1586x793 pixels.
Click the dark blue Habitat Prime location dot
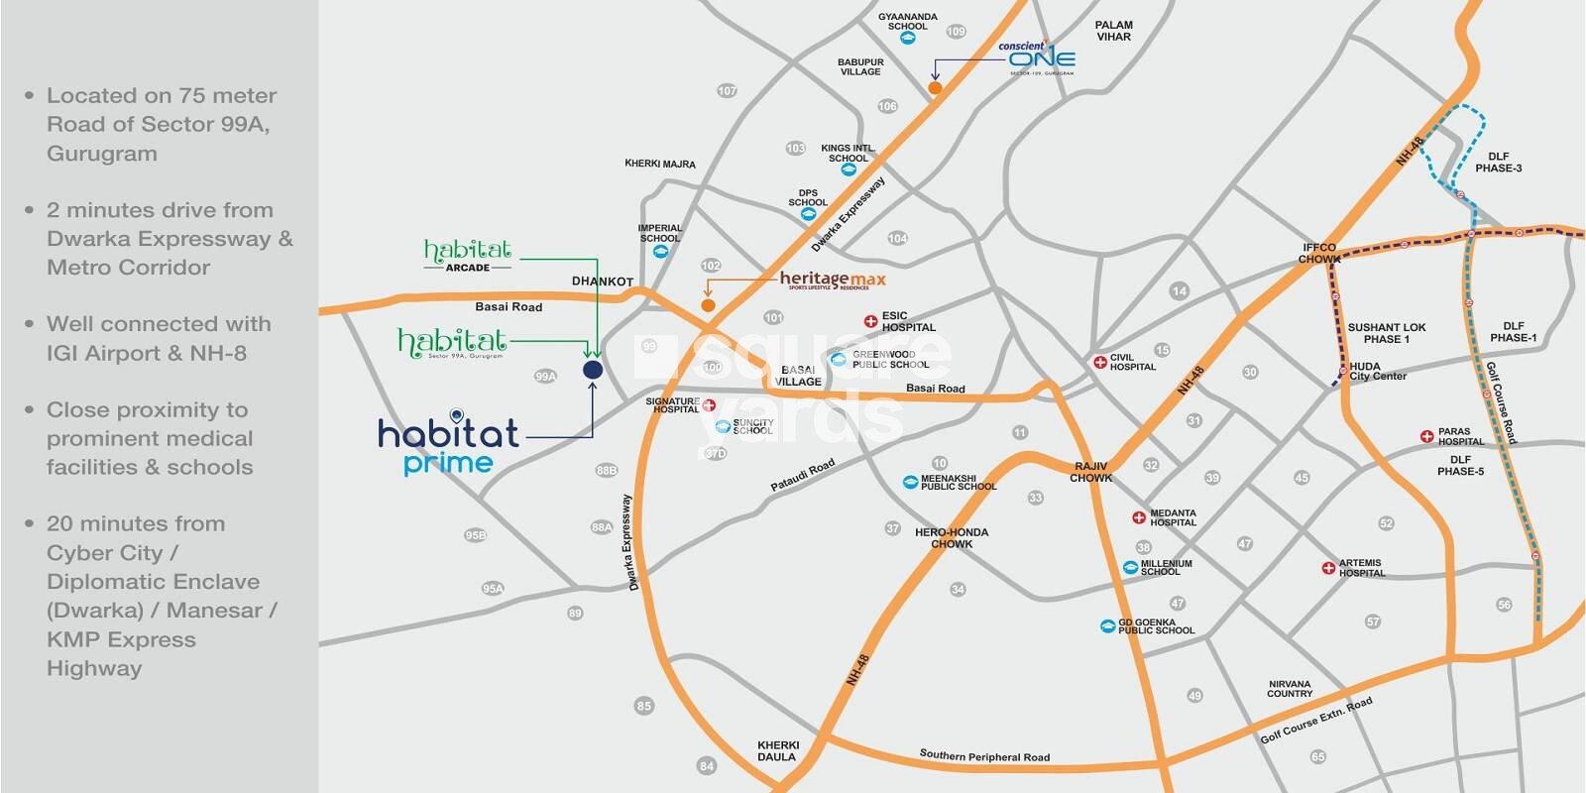(x=592, y=370)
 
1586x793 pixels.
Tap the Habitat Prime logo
(x=448, y=445)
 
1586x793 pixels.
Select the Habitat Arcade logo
(x=467, y=254)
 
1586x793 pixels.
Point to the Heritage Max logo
(x=833, y=281)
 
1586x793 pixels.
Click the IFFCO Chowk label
(x=1319, y=253)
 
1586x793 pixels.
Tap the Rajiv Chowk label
(x=1090, y=472)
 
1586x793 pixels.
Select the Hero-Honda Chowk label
(x=952, y=538)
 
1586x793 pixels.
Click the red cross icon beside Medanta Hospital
(x=1139, y=517)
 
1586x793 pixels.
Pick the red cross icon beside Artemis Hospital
(x=1328, y=568)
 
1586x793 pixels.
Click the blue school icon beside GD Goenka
(x=1107, y=626)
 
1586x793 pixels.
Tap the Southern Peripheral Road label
(x=984, y=755)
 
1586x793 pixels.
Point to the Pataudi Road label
(x=803, y=475)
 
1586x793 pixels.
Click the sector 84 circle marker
(x=706, y=765)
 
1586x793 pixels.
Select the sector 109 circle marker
(x=956, y=32)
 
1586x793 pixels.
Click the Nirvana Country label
(x=1289, y=689)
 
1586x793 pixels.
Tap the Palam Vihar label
(x=1113, y=31)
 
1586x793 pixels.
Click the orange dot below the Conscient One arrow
(x=934, y=89)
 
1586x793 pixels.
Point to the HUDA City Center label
(x=1377, y=372)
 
